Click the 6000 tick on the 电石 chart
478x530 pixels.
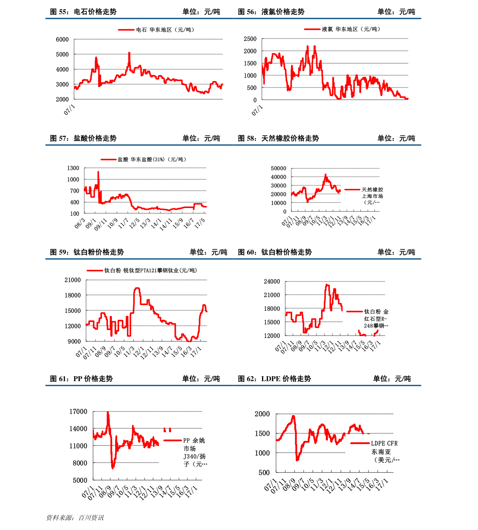(x=62, y=39)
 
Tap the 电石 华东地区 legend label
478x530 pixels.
(x=165, y=30)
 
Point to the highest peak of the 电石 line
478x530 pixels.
(x=129, y=53)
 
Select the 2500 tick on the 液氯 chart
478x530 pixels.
(x=250, y=39)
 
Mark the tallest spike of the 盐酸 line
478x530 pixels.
(x=98, y=172)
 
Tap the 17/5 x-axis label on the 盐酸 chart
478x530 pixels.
(x=199, y=224)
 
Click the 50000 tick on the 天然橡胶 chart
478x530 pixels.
(x=279, y=169)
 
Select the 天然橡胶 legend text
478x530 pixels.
(x=372, y=196)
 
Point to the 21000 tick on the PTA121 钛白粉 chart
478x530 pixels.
(x=73, y=280)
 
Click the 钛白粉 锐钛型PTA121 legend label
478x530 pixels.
(x=151, y=271)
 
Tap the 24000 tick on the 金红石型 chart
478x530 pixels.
(x=272, y=281)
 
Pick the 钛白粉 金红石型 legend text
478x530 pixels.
(x=376, y=318)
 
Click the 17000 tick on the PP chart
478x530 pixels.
(x=78, y=412)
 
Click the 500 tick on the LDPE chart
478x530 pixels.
(x=264, y=473)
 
